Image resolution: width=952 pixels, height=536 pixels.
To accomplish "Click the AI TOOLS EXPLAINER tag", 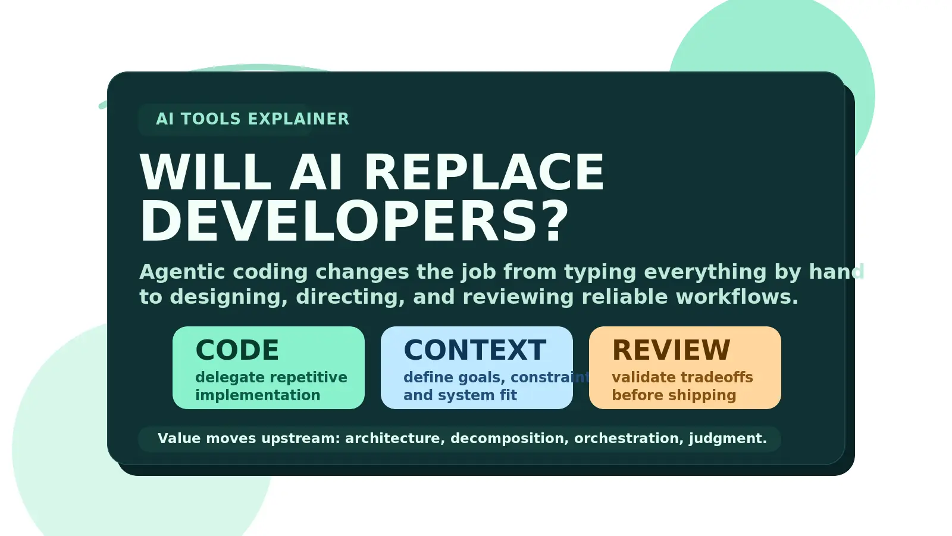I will point(252,119).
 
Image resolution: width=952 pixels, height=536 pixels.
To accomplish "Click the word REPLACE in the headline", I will point(484,173).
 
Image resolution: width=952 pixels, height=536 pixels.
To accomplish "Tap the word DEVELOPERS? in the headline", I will point(355,222).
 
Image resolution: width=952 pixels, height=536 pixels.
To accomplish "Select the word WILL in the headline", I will point(205,173).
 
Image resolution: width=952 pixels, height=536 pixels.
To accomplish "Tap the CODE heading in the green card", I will point(237,350).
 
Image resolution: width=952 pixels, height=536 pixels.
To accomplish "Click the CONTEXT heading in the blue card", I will point(475,350).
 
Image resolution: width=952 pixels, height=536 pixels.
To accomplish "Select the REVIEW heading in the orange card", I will point(671,350).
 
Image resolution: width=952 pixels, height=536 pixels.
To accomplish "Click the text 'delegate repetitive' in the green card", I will point(271,378).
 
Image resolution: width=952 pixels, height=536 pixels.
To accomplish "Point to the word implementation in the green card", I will point(258,395).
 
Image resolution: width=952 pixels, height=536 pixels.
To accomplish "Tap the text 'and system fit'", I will point(460,395).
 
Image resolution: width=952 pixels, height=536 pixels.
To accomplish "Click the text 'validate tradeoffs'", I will point(682,378).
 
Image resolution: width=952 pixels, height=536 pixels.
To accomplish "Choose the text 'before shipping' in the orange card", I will point(674,395).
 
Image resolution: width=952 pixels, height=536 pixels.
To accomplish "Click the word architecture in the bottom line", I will point(394,439).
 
